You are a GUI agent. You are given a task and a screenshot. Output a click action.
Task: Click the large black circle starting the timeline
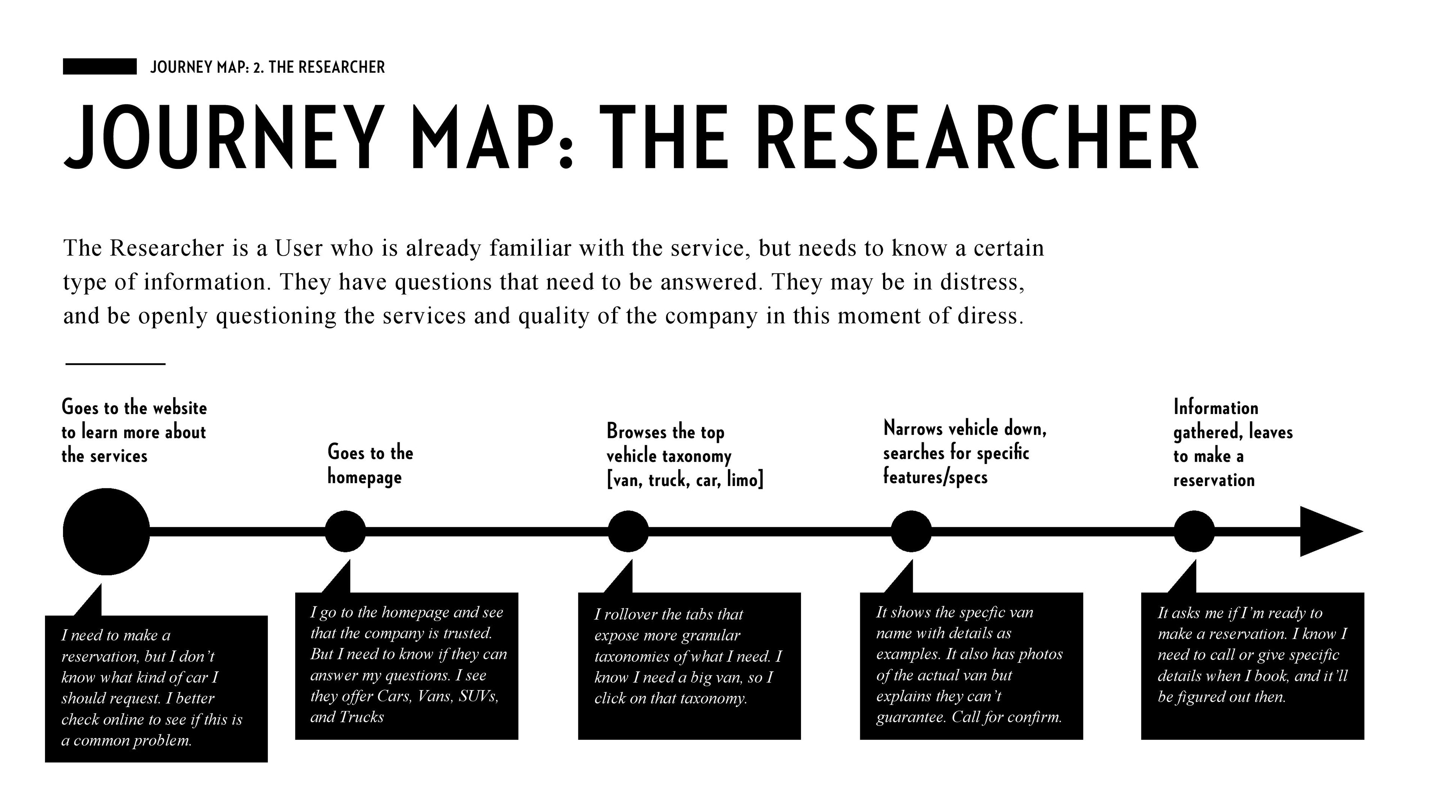106,532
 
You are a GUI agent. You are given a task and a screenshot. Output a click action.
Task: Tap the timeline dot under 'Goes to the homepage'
345,531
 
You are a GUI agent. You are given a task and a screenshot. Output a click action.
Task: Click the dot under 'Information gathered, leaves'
1194,531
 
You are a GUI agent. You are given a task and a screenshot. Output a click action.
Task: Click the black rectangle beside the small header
99,66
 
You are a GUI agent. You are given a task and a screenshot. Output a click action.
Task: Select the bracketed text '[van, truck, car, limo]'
685,480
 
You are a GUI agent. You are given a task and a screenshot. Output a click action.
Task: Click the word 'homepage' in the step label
364,477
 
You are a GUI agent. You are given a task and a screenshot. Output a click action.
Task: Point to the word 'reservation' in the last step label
1213,480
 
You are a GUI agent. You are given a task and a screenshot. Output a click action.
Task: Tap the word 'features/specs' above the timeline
935,477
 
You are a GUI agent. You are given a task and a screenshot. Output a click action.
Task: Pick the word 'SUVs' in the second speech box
478,696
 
